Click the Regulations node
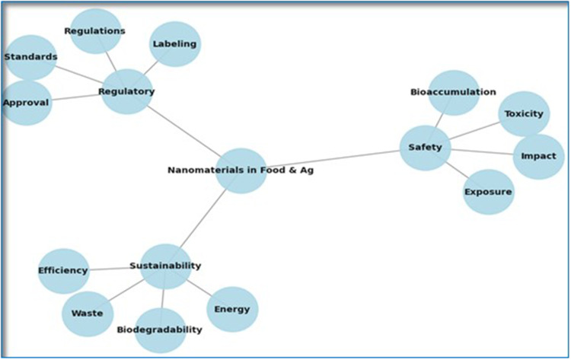click(x=96, y=32)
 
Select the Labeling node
click(x=175, y=44)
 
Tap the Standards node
click(x=31, y=57)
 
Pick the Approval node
click(x=27, y=102)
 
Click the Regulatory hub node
click(x=127, y=91)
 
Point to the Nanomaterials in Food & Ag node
click(x=241, y=170)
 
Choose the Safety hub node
click(x=425, y=148)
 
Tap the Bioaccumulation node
click(x=454, y=93)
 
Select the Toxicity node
click(x=524, y=114)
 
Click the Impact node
click(x=538, y=156)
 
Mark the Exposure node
click(x=489, y=191)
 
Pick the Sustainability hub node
click(x=166, y=266)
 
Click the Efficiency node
click(x=64, y=270)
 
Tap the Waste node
click(x=88, y=313)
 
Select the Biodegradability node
click(x=160, y=330)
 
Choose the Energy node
click(x=232, y=309)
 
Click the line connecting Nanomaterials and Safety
click(x=335, y=159)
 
